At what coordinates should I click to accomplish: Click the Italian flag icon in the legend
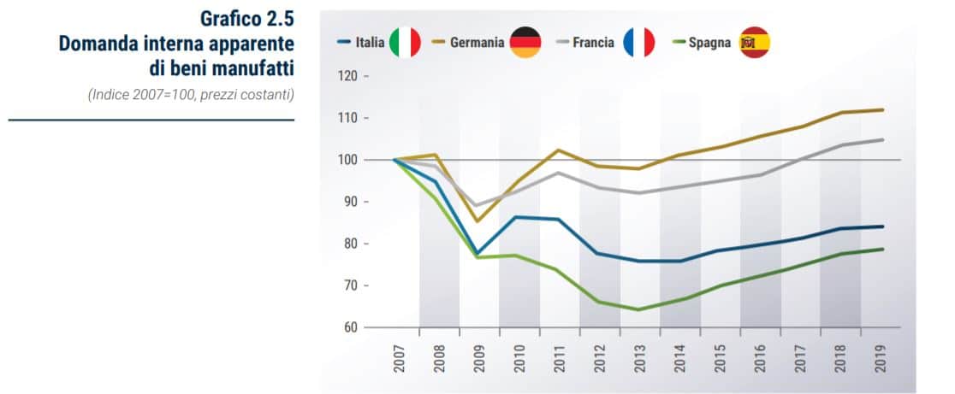[405, 43]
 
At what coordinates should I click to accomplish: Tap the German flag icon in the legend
[525, 43]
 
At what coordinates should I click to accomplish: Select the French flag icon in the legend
[638, 43]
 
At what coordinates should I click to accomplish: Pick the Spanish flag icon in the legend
[755, 43]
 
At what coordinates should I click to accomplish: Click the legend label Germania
[477, 43]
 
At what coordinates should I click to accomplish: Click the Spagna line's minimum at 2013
[640, 309]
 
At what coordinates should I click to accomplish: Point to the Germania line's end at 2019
[882, 109]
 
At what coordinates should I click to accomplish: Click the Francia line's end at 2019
[882, 139]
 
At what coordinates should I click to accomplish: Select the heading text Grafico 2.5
[247, 20]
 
